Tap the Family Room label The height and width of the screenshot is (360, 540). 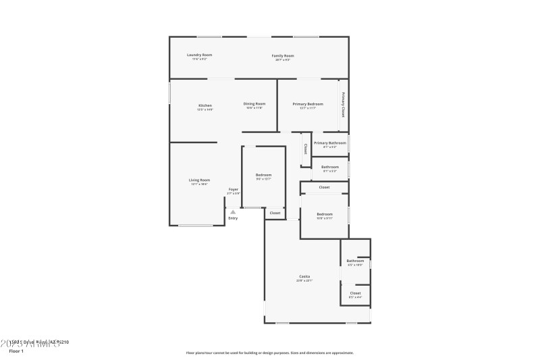pos(283,55)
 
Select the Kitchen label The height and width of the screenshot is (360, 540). pos(205,105)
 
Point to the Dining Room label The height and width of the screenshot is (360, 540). pos(254,104)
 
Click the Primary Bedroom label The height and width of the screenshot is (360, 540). pos(308,104)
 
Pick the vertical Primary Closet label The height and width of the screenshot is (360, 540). pos(344,105)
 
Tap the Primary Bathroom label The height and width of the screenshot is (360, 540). pos(330,143)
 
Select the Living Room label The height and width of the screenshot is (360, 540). pos(199,180)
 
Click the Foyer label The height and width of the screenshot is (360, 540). pos(234,190)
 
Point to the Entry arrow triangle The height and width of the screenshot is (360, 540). pos(233,211)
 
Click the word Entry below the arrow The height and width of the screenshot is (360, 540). pos(233,218)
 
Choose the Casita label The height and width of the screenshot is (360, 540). pos(305,277)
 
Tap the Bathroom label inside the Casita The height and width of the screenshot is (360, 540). pos(355,261)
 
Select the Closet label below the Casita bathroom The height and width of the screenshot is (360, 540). pos(355,293)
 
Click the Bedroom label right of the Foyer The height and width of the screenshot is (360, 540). pos(263,175)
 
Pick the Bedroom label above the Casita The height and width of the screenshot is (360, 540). pos(325,214)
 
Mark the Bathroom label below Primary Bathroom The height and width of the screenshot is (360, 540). pos(330,167)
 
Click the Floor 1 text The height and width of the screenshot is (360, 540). pos(16,351)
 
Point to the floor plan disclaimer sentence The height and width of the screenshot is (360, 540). pos(270,353)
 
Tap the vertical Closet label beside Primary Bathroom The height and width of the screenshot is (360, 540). pos(305,149)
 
